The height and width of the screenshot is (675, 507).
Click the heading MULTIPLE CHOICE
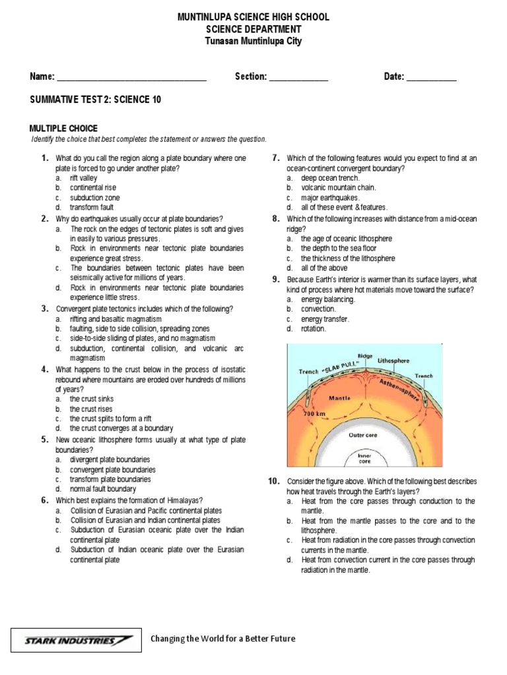[x=63, y=129]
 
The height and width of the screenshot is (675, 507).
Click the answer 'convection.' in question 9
[x=318, y=309]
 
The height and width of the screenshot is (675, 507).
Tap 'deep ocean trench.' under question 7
[x=330, y=178]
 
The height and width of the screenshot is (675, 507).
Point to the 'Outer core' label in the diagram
[x=363, y=436]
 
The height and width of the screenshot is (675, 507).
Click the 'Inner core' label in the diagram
[x=364, y=458]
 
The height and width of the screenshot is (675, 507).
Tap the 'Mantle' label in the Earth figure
[x=339, y=399]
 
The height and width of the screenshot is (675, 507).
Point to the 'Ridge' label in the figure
[x=364, y=355]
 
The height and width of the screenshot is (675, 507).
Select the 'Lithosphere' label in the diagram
[x=393, y=361]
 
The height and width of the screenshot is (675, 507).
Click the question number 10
[x=274, y=482]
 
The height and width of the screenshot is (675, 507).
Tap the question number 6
[x=44, y=500]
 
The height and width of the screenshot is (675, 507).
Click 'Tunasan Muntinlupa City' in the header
[x=253, y=42]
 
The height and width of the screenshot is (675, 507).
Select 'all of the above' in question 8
[x=324, y=268]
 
